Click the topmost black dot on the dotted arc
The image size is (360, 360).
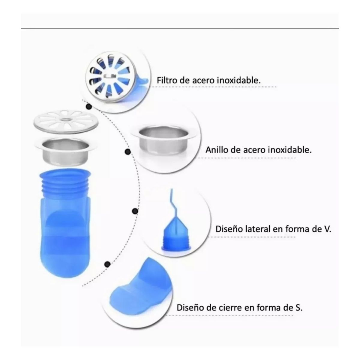[88, 106]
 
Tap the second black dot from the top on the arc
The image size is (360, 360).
[127, 152]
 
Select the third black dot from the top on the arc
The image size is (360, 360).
[135, 211]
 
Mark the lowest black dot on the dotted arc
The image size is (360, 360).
[106, 264]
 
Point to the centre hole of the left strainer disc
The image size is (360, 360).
[65, 120]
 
